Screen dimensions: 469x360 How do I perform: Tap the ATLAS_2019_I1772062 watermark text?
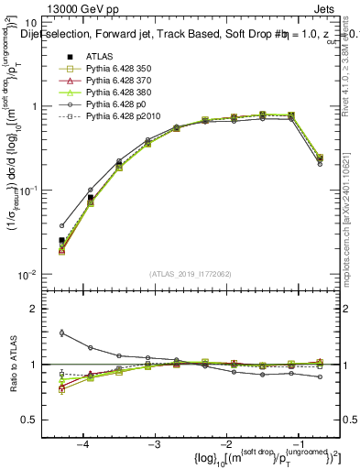pyautogui.click(x=191, y=274)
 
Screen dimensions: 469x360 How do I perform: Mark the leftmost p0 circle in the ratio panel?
pyautogui.click(x=61, y=333)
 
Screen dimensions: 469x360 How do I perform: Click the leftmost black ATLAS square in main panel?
pyautogui.click(x=61, y=241)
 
